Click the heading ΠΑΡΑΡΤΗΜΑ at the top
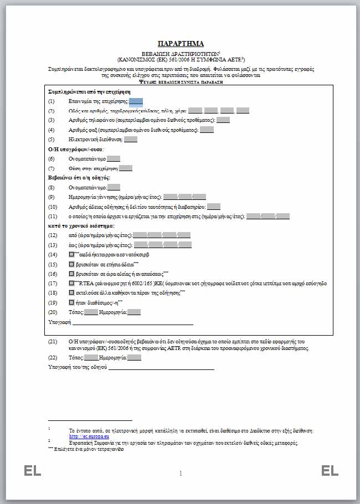[x=181, y=43]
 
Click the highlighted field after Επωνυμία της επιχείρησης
[x=136, y=101]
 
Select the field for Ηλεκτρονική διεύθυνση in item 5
[x=131, y=139]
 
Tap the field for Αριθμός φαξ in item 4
[x=207, y=130]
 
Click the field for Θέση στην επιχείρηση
[x=126, y=168]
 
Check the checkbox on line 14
[x=71, y=254]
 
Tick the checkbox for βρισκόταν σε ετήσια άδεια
[x=71, y=264]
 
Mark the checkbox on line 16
[x=71, y=274]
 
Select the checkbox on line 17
[x=71, y=283]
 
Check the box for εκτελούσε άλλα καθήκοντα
[x=71, y=292]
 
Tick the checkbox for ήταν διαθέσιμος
[x=71, y=302]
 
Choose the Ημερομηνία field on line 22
[x=134, y=357]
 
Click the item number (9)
[x=52, y=197]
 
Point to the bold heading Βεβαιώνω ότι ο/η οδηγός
[x=79, y=177]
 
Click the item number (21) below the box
[x=53, y=342]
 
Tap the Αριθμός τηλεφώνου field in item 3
[x=223, y=120]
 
